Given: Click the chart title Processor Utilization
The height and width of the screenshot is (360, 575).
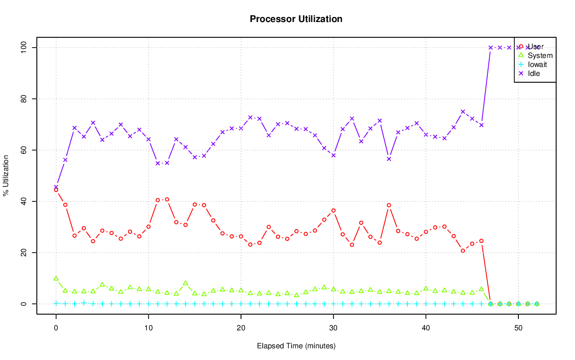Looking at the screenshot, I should coord(296,19).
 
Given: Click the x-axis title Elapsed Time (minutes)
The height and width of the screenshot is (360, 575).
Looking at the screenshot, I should coord(296,346).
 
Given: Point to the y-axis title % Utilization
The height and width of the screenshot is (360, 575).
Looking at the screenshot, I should coord(6,176).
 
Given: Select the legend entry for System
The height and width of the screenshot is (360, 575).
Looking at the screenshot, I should coord(540,56).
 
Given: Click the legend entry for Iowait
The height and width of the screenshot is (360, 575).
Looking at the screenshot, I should coord(537,65).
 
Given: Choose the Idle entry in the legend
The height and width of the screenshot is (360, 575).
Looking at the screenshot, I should coord(534,73).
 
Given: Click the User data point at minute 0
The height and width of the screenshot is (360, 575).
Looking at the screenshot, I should coord(56,190).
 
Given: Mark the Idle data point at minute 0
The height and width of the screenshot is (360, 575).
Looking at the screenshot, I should coord(56,187).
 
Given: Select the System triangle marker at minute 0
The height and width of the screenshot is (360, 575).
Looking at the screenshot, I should coord(56,278).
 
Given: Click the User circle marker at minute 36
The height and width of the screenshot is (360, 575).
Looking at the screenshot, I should coord(389,205).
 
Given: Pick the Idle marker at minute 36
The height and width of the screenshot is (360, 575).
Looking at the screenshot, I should coord(389,159).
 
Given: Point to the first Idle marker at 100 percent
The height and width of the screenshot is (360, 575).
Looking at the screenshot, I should coord(491,48).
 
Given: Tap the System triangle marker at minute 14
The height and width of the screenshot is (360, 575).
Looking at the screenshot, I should coord(186,283).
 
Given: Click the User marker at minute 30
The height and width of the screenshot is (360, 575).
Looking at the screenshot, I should coord(333,210).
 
